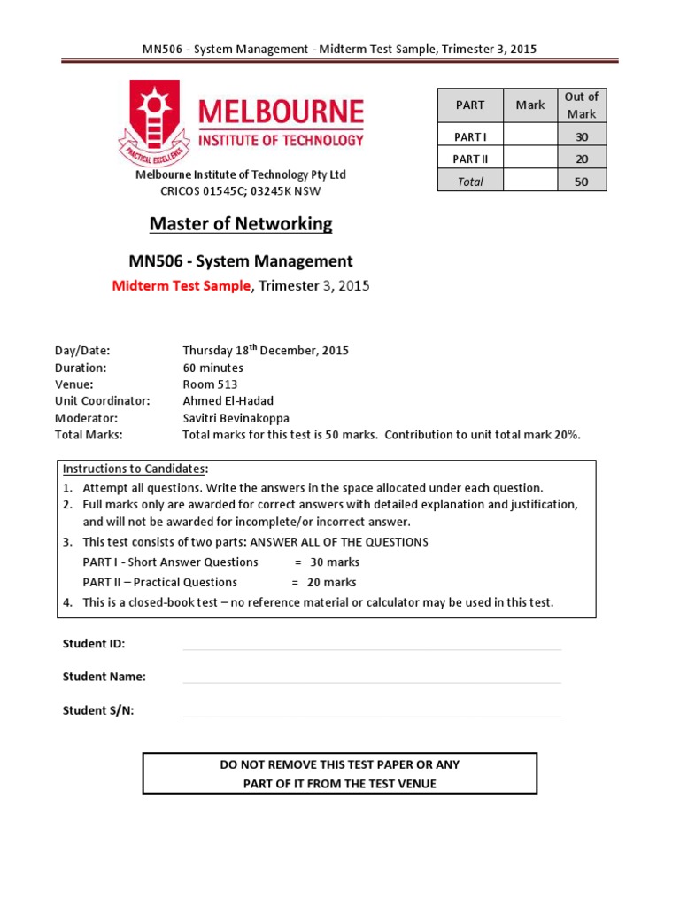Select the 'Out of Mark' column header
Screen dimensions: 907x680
(582, 105)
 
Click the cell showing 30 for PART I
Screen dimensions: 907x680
(582, 136)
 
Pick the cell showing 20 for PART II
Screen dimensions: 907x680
(582, 159)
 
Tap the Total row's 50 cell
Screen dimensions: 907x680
(582, 181)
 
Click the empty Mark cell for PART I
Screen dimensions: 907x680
(529, 136)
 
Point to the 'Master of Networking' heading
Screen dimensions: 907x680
(241, 223)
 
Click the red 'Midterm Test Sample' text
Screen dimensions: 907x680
(182, 285)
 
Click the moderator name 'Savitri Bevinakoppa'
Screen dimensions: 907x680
(236, 418)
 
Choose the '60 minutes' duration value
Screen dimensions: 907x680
(212, 368)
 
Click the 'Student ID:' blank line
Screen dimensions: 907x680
(372, 647)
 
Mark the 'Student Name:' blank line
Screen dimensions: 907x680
(372, 681)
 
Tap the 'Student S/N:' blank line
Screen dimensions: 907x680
(372, 715)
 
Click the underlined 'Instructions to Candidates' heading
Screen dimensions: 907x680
(134, 469)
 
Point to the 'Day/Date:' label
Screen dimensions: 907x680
(82, 351)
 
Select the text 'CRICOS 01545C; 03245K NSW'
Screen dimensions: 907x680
(240, 190)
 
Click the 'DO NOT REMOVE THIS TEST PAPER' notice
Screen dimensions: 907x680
(340, 764)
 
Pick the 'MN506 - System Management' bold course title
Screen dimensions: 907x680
(241, 261)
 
